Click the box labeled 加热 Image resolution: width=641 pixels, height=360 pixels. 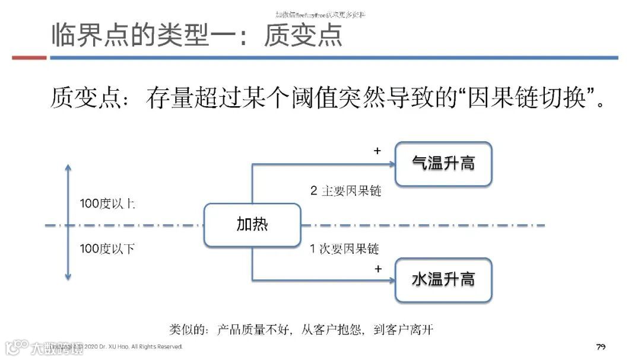tap(252, 225)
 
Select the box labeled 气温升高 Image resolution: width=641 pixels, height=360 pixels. tap(443, 164)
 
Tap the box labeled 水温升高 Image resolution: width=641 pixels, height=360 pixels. tap(443, 279)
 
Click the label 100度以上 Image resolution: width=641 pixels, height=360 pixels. tap(107, 204)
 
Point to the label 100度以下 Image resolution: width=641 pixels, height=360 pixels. tap(107, 249)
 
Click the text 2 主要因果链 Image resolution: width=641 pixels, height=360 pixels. tap(345, 191)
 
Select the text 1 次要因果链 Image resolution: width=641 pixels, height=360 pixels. tap(344, 249)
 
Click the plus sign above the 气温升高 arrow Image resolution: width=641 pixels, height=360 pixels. tap(377, 151)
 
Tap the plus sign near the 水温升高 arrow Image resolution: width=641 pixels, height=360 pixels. tap(377, 269)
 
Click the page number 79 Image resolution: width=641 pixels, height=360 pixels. tap(601, 346)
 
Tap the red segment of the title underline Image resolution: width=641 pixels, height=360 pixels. tap(29, 58)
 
